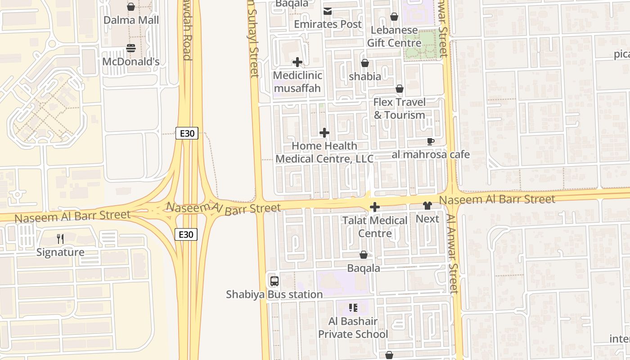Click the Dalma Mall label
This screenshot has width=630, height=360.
[131, 20]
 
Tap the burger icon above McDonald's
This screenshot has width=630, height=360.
[131, 48]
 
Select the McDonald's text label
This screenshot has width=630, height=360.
[131, 62]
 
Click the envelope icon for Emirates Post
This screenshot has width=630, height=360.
[327, 11]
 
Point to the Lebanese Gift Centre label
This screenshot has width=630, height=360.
[394, 36]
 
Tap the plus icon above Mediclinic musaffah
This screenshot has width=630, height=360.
[297, 62]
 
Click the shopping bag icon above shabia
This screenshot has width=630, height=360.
[365, 63]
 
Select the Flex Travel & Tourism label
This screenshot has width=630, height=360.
[399, 108]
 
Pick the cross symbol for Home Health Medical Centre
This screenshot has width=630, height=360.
[324, 133]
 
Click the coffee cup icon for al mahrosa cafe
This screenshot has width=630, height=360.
[431, 141]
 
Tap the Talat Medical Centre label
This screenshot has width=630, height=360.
[375, 227]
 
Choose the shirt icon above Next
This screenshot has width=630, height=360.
[427, 206]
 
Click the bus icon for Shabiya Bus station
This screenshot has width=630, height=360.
[274, 281]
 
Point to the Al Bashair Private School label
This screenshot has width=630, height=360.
[353, 328]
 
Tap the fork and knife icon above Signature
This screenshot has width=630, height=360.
[60, 238]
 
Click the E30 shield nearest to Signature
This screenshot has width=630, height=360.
[186, 234]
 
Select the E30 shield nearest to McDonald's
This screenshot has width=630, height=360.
[186, 133]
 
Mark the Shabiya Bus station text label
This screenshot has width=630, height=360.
[274, 294]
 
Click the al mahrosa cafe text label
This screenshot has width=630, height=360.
[431, 154]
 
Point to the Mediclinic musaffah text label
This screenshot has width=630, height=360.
[297, 81]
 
